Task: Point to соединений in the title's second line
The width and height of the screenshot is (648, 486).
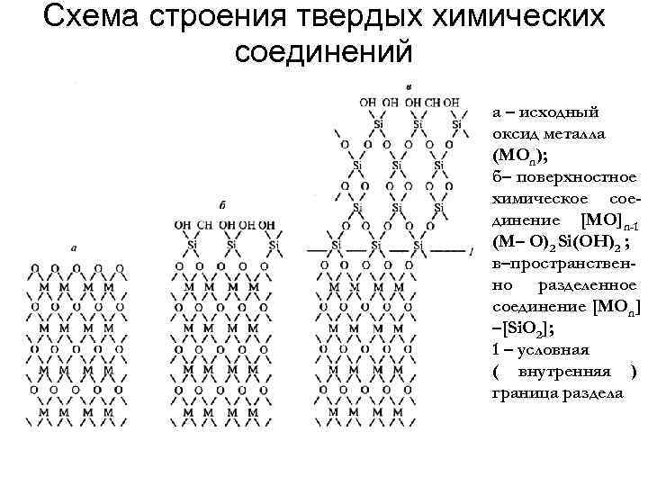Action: pyautogui.click(x=324, y=50)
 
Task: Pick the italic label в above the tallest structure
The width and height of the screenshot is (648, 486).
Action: pyautogui.click(x=409, y=85)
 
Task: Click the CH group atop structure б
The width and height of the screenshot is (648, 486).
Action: pyautogui.click(x=205, y=224)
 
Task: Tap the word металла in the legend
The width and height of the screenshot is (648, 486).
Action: pyautogui.click(x=574, y=132)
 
